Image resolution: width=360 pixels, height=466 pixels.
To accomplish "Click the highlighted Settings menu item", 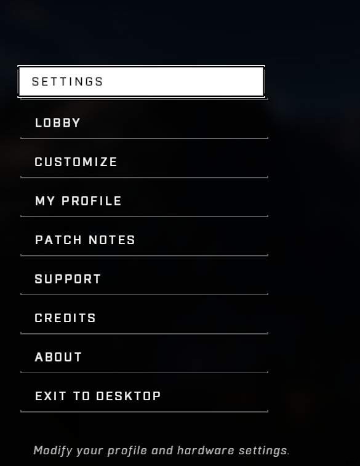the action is tap(141, 81).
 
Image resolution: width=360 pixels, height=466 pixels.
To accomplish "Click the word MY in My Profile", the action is tap(45, 201).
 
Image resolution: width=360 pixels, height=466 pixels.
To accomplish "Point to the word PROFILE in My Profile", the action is tap(92, 201).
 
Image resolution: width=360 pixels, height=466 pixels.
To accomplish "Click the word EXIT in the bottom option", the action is tap(50, 396).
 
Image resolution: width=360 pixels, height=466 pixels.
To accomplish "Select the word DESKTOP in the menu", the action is tap(129, 396).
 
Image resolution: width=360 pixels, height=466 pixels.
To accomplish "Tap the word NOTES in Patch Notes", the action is tap(112, 240).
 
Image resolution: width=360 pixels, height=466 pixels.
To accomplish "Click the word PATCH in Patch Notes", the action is tap(58, 240).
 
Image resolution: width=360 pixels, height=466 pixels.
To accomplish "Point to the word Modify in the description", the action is tap(53, 451).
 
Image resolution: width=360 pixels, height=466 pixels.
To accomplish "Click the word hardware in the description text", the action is tap(206, 451).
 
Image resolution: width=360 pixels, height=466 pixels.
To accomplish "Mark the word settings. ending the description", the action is tap(264, 451).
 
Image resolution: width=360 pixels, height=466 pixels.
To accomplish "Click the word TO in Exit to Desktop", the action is tap(81, 396).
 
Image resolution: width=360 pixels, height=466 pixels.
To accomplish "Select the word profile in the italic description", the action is tap(127, 451).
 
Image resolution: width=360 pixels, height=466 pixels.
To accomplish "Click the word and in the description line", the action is tap(162, 451).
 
